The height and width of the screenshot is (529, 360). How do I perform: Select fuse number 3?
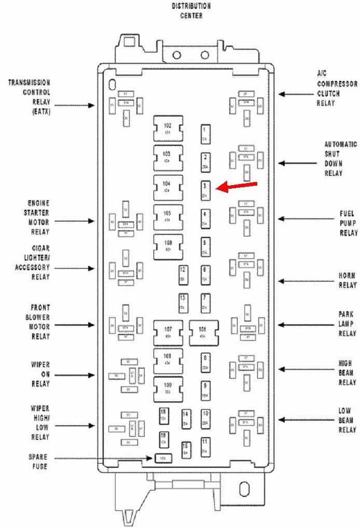pyautogui.click(x=205, y=190)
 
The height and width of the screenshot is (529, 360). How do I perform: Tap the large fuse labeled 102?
pyautogui.click(x=168, y=129)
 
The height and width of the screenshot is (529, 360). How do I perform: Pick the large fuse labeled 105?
pyautogui.click(x=168, y=216)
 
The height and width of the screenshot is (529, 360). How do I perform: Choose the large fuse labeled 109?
pyautogui.click(x=168, y=389)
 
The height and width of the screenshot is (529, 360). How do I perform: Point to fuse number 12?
pyautogui.click(x=183, y=274)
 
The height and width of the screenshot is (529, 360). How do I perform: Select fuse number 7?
pyautogui.click(x=205, y=302)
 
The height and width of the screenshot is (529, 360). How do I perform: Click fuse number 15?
pyautogui.click(x=185, y=449)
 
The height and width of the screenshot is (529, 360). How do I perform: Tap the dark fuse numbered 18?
pyautogui.click(x=163, y=414)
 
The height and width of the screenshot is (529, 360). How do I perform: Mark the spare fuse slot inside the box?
pyautogui.click(x=162, y=458)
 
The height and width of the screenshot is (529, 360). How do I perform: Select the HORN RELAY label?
pyautogui.click(x=347, y=281)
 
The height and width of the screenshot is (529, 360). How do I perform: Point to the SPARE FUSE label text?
pyautogui.click(x=37, y=462)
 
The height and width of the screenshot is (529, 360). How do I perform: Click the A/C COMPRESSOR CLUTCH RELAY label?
pyautogui.click(x=336, y=88)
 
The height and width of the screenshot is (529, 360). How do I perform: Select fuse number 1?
pyautogui.click(x=205, y=134)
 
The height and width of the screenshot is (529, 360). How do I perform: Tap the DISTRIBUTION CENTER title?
pyautogui.click(x=191, y=10)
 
